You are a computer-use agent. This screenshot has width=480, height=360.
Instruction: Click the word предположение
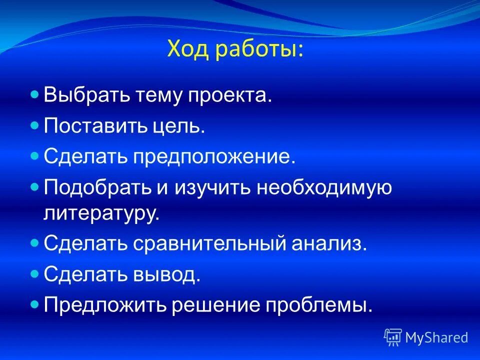point(214,157)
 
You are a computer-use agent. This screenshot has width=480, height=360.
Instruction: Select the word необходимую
point(324,188)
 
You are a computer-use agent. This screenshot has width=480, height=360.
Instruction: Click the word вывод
point(166,275)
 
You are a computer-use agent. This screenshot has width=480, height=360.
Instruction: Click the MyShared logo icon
point(392,337)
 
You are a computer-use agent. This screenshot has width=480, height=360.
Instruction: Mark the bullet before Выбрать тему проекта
point(34,94)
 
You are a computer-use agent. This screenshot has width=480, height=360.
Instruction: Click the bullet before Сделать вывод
point(34,274)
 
